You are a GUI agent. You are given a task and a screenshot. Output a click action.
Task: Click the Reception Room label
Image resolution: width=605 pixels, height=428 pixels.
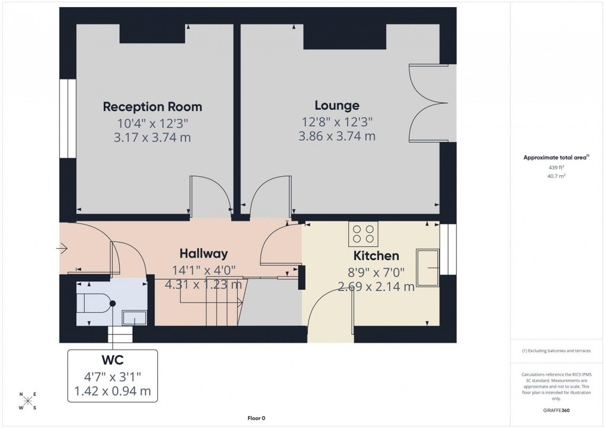[x=152, y=107]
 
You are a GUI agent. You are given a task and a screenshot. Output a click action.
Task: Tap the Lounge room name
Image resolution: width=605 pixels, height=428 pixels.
[x=337, y=106]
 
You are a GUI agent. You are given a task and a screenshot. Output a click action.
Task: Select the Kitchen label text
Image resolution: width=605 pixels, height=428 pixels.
[x=376, y=256]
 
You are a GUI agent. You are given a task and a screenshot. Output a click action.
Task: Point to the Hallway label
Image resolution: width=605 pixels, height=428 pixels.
[x=203, y=253]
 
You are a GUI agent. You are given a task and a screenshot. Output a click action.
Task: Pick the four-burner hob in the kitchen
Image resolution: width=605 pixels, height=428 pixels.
[x=364, y=233]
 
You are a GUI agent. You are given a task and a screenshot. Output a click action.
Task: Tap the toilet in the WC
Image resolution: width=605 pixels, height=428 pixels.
[x=95, y=303]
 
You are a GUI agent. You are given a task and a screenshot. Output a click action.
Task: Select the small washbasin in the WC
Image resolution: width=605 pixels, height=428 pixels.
[x=134, y=319]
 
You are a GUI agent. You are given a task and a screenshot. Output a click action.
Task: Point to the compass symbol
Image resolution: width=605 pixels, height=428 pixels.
[x=27, y=401]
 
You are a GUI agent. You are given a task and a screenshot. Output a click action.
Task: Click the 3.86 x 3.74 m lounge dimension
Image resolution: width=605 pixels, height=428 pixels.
[x=337, y=136]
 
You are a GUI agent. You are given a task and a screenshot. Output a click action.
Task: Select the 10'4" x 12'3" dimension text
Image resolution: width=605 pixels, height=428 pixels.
[x=152, y=123]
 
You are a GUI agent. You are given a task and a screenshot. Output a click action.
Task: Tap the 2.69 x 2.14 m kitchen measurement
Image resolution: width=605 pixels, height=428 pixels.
[x=376, y=287]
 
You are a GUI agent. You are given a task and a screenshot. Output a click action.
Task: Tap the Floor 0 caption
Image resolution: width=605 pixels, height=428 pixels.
[x=257, y=418]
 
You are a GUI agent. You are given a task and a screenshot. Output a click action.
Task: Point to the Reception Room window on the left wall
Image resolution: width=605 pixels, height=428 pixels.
[x=68, y=119]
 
